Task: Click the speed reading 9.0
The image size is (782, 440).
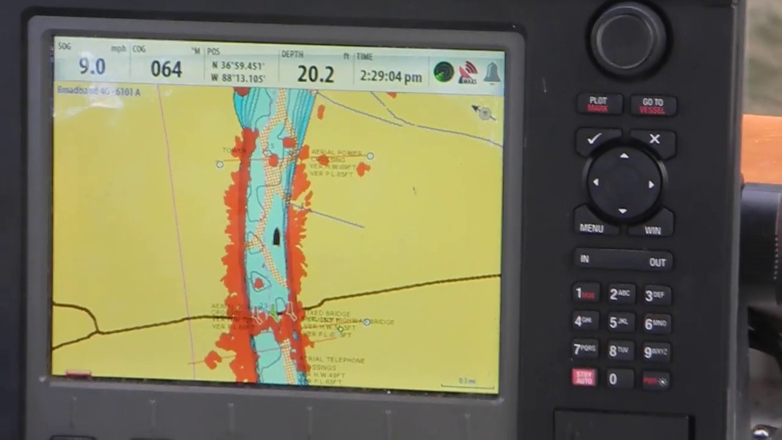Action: click(x=92, y=67)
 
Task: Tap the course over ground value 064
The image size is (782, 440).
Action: click(x=166, y=69)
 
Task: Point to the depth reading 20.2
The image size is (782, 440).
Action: click(x=315, y=75)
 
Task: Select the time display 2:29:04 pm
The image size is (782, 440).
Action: click(x=390, y=76)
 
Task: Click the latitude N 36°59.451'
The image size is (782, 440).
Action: click(x=238, y=65)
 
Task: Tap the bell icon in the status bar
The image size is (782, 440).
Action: click(x=492, y=73)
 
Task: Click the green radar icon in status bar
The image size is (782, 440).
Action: click(x=444, y=72)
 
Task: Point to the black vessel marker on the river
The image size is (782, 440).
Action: click(x=276, y=237)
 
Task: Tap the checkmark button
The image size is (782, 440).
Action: click(x=594, y=139)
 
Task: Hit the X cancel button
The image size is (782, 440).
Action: click(x=654, y=139)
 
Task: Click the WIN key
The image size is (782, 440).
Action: click(x=652, y=230)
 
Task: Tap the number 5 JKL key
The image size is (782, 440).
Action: click(x=619, y=322)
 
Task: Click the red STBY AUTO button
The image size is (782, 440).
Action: click(x=583, y=376)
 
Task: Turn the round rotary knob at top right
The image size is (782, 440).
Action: click(x=627, y=38)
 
